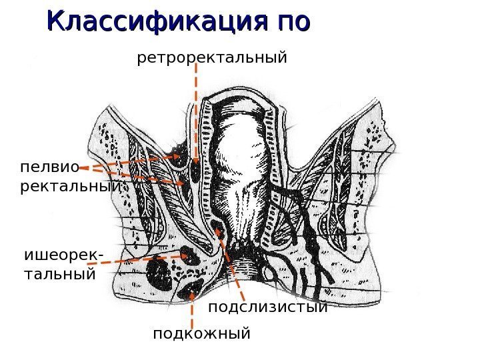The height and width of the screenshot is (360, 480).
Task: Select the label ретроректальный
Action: tap(212, 58)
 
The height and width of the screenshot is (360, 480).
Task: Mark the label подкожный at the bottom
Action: tap(201, 332)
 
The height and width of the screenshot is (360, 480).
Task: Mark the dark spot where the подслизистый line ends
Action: tap(219, 231)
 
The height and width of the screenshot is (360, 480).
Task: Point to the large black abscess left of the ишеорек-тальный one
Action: tap(160, 271)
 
